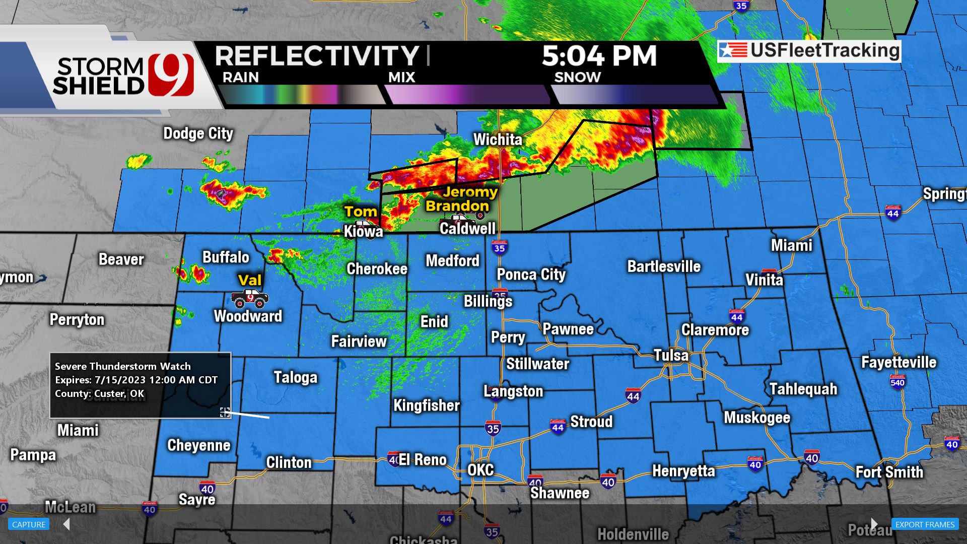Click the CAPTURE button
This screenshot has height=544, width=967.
(x=29, y=524)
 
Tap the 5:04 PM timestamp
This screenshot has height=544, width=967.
(x=599, y=56)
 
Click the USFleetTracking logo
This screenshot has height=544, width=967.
(x=809, y=51)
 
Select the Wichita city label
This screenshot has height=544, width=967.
(x=498, y=140)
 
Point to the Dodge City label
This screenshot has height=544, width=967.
(x=198, y=133)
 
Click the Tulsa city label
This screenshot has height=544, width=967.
(x=671, y=355)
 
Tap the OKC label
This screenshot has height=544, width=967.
(x=480, y=470)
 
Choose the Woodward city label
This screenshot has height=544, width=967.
(x=248, y=316)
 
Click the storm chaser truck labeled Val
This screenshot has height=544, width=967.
(x=250, y=298)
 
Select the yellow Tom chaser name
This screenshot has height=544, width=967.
(x=361, y=212)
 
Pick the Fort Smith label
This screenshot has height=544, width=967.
(x=889, y=472)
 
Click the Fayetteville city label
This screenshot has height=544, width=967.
(x=899, y=362)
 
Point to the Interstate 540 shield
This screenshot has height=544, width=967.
(x=897, y=382)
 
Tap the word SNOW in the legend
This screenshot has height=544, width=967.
(x=577, y=78)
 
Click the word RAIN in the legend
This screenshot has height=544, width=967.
(x=241, y=78)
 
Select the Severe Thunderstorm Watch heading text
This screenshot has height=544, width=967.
(x=122, y=366)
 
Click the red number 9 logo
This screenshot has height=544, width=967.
(x=171, y=74)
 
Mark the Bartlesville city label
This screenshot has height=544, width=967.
(x=663, y=266)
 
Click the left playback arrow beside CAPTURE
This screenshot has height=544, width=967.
(x=66, y=524)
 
